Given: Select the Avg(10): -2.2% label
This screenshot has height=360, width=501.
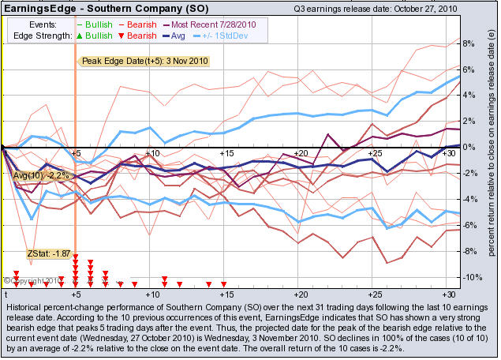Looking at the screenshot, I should click(x=42, y=174).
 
